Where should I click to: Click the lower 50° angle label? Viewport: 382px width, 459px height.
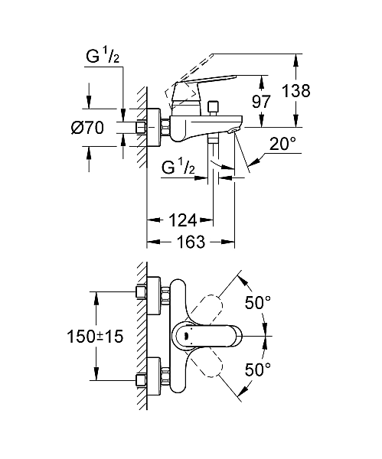257,369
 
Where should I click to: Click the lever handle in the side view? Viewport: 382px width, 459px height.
201,80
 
